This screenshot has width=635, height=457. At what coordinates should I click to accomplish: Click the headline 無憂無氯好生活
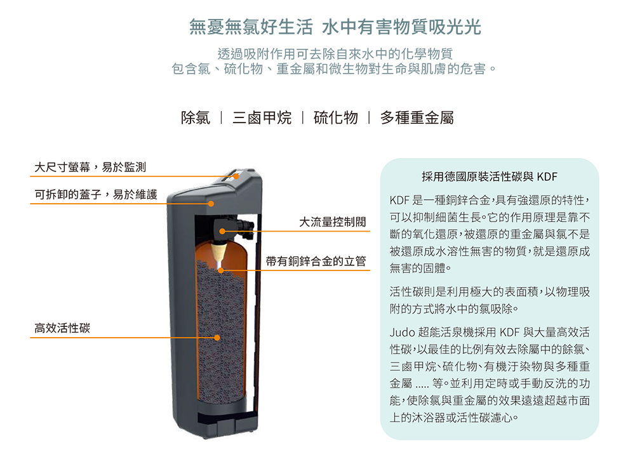pos(251,27)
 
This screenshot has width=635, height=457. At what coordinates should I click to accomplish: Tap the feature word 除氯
pos(196,118)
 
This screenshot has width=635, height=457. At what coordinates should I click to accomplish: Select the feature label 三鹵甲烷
pos(262,118)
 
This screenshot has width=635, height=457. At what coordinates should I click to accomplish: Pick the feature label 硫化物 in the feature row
pos(336,118)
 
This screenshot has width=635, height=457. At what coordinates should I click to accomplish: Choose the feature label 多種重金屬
pos(417,118)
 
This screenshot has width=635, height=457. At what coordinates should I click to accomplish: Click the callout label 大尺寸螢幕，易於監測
pos(90,167)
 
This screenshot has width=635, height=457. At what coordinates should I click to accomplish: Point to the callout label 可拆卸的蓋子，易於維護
pos(96,194)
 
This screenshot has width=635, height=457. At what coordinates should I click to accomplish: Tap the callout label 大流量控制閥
pos(332,222)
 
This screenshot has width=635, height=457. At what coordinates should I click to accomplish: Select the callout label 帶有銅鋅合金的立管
pos(316,261)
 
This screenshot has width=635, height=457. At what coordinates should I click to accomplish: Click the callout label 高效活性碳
pos(62,328)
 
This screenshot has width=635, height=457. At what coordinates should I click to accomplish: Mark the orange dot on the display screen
pos(236,176)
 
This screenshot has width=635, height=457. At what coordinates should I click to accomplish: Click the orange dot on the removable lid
pos(211,204)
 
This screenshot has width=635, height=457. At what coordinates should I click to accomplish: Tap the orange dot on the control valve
pos(222,231)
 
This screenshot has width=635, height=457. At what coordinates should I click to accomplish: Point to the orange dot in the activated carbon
pos(217,338)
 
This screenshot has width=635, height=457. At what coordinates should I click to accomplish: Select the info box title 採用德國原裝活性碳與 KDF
pos(489,177)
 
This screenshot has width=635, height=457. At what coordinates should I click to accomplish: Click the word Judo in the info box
pos(402,333)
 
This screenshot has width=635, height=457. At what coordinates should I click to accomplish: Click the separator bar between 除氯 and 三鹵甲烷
pos(221,118)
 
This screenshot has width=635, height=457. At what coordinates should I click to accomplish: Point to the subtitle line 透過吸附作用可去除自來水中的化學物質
pos(335,53)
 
